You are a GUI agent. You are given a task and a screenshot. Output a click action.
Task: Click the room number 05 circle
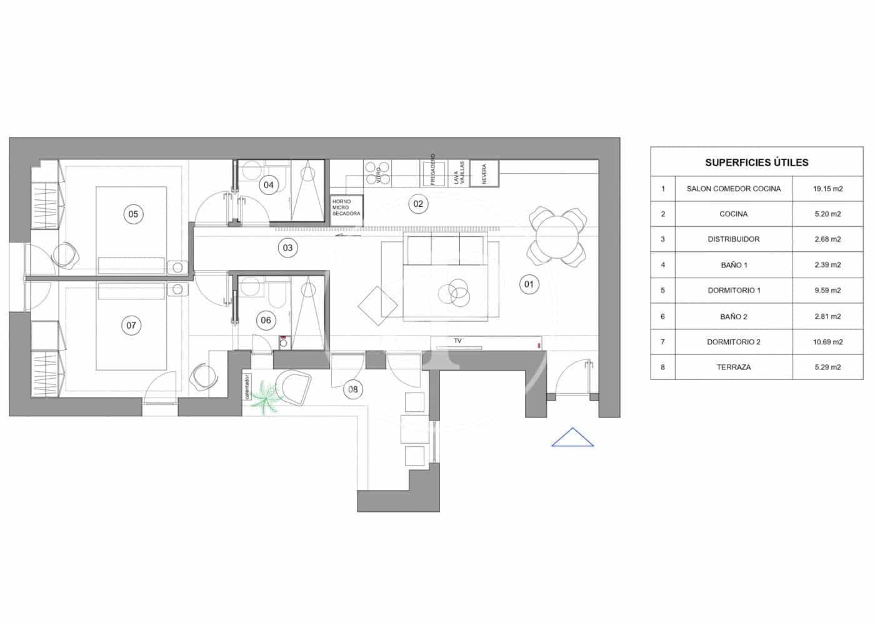(x=133, y=214)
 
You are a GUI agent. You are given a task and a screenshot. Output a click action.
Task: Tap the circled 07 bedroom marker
(x=131, y=325)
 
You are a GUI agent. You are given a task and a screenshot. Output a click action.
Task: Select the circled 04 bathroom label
(x=269, y=184)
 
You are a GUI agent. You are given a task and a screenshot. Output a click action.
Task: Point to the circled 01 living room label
(x=529, y=285)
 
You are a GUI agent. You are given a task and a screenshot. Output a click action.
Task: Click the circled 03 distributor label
(x=287, y=247)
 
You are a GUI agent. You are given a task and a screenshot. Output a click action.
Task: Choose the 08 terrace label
(x=353, y=389)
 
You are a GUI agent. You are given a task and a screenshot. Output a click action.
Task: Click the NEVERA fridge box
(x=484, y=174)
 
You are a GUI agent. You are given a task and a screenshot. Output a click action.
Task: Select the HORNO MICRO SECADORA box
(x=346, y=207)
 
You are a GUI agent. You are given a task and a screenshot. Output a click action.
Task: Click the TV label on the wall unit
(x=457, y=341)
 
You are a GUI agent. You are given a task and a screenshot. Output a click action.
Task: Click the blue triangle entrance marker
(x=572, y=438)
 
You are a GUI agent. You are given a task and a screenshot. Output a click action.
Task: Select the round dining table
(x=557, y=236)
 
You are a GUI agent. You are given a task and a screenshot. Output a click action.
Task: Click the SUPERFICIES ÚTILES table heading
(x=756, y=162)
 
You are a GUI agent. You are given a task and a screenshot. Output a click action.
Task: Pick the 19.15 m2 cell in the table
(x=827, y=189)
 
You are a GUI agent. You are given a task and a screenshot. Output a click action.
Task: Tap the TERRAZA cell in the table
(x=734, y=367)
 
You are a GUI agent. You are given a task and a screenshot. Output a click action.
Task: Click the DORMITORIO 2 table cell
(x=734, y=342)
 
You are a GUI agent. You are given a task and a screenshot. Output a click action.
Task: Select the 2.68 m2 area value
(x=827, y=239)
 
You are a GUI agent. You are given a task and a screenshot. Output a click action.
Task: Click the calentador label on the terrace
(x=247, y=387)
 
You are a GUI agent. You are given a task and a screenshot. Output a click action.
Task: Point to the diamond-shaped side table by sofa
(x=378, y=306)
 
